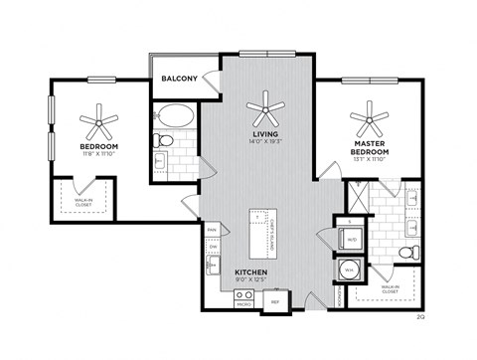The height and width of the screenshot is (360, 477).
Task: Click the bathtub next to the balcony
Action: pos(175,114)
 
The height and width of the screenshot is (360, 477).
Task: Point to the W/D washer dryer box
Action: pos(350,239)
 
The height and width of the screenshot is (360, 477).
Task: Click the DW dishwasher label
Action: pos(212,249)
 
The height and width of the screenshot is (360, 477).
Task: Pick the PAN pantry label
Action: pos(212,230)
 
